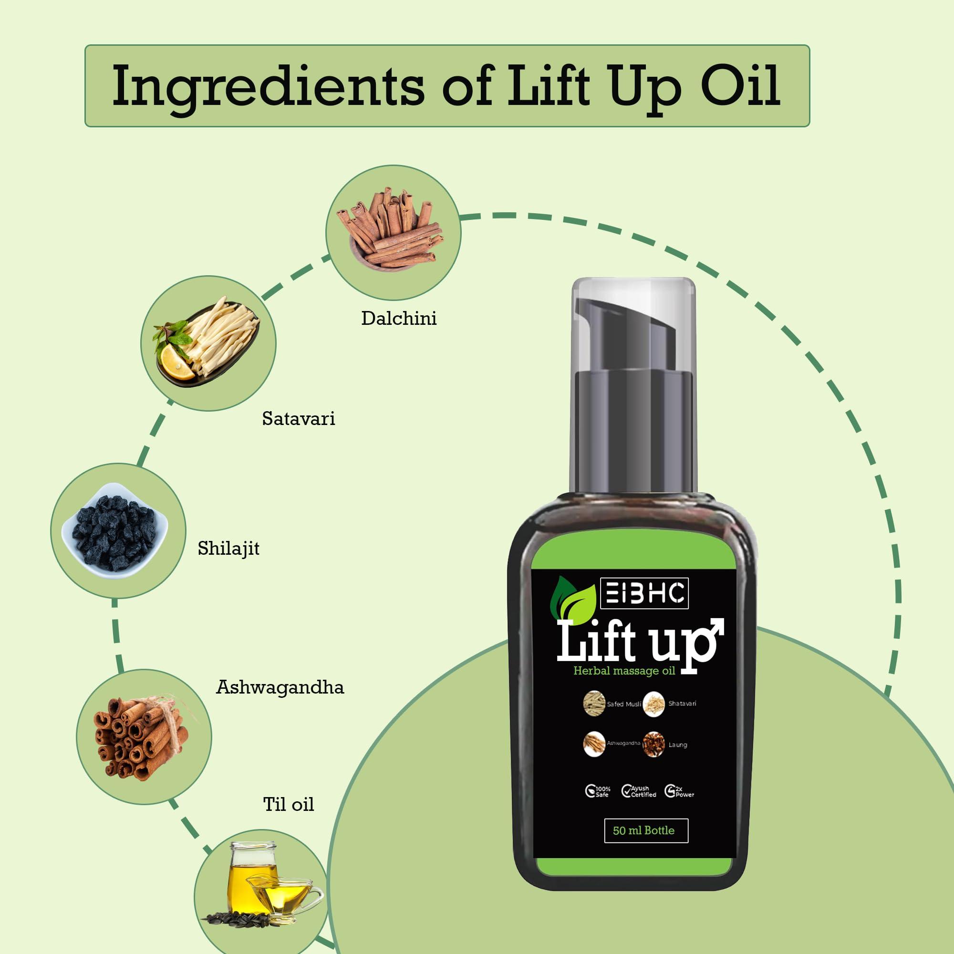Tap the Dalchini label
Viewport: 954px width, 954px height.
399,319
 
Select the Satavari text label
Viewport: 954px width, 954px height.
298,419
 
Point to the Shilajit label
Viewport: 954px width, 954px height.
228,549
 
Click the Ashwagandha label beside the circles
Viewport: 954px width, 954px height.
280,687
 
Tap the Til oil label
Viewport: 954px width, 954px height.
289,804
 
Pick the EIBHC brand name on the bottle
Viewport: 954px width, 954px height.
644,593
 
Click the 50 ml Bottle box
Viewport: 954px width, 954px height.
646,830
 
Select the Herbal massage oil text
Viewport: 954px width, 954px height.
623,671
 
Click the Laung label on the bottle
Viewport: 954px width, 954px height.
677,745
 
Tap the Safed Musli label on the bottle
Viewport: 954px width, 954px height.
623,704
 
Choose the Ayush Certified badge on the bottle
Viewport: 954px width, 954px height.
639,791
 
